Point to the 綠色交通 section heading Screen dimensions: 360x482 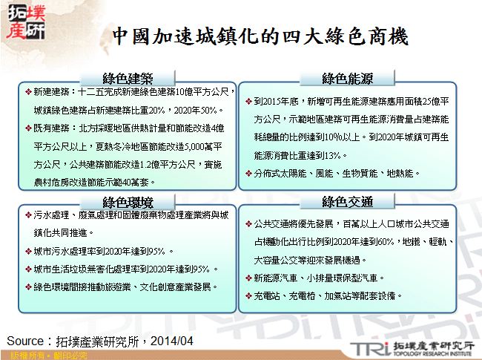point(347,202)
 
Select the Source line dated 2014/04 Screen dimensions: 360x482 point(100,341)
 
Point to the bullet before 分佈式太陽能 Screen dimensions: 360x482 point(248,173)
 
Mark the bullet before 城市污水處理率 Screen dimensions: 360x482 point(27,251)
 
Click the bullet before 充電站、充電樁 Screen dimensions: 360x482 point(248,295)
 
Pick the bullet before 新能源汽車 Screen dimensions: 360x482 point(248,278)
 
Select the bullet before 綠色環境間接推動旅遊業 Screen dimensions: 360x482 point(27,287)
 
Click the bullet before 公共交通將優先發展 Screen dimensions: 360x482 point(248,223)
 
